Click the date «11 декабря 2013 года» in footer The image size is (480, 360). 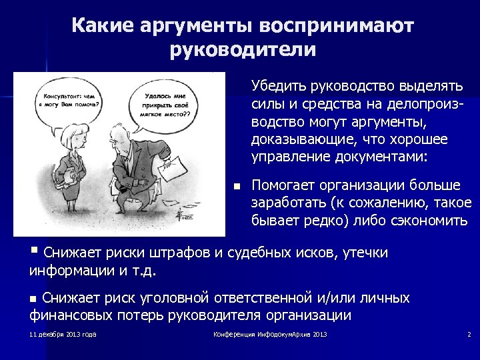coord(63,334)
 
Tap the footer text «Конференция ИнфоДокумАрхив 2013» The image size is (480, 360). coord(270,334)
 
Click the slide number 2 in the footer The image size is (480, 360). coord(469,334)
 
